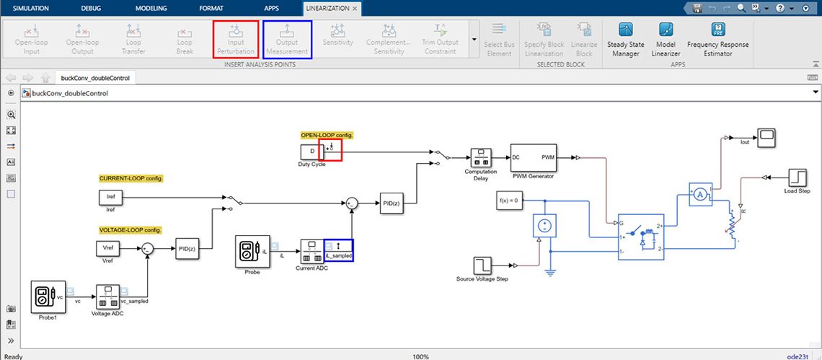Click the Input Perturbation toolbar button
tap(236, 39)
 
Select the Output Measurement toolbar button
tap(287, 39)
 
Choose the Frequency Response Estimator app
tap(717, 39)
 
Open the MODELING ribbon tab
tap(151, 8)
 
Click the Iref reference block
tap(110, 197)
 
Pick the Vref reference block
tap(107, 248)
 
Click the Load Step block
tap(797, 177)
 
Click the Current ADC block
tap(311, 250)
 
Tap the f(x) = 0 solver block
tap(508, 200)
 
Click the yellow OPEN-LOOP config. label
tap(327, 135)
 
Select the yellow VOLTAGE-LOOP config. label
tap(131, 229)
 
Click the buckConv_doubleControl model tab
tap(94, 78)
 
